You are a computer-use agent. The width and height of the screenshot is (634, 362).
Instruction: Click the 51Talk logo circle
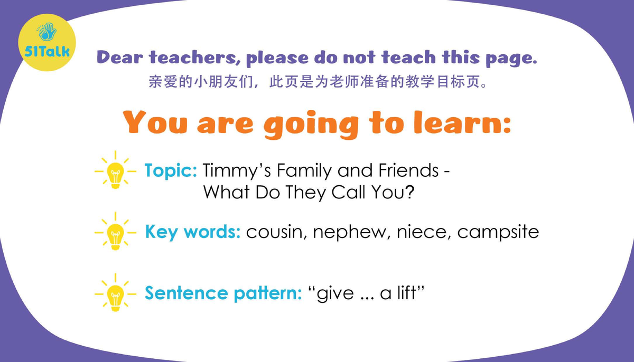46,42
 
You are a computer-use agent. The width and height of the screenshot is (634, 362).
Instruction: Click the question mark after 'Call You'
408,192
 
